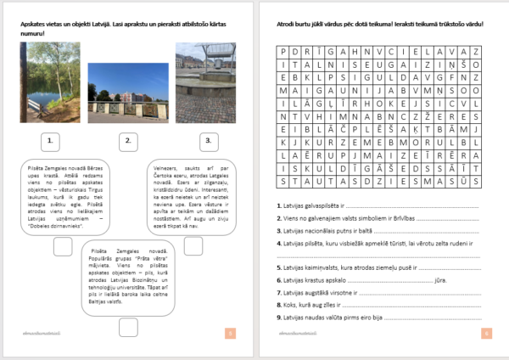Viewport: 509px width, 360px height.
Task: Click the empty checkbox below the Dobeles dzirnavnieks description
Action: pyautogui.click(x=63, y=246)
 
